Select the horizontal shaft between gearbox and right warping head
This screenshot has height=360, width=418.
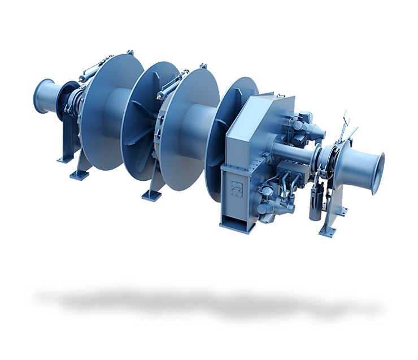pos(291,151)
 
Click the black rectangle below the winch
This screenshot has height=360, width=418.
pos(208,305)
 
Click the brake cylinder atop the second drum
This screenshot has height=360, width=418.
pos(172,84)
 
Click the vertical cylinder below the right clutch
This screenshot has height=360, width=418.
pos(314,206)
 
